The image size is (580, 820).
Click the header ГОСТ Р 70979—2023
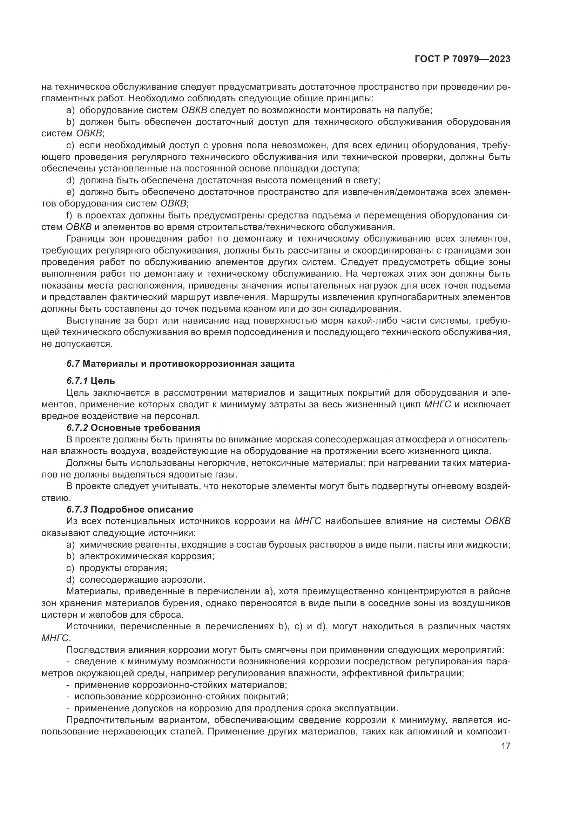pyautogui.click(x=462, y=59)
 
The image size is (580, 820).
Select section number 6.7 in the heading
pyautogui.click(x=73, y=364)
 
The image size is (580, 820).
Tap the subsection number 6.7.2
pyautogui.click(x=77, y=428)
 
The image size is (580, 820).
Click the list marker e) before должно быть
pyautogui.click(x=70, y=192)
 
